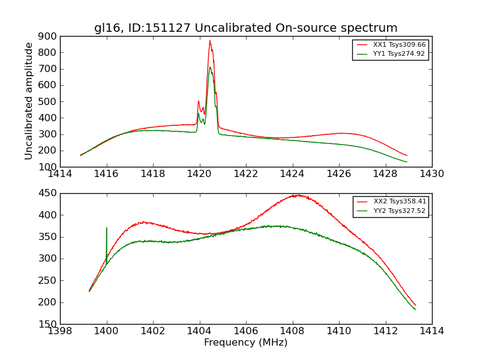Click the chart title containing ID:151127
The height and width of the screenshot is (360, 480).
click(245, 28)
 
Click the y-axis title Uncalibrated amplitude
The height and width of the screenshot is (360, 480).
click(29, 101)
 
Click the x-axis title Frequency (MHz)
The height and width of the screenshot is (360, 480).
click(245, 343)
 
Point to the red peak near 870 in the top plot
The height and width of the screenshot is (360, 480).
click(210, 41)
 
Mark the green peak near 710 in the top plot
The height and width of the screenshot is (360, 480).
click(210, 67)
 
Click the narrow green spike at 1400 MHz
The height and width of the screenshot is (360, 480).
click(107, 228)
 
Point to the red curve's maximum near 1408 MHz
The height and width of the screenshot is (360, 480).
click(296, 195)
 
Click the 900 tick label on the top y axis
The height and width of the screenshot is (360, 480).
click(47, 36)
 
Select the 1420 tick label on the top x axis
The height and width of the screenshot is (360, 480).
click(199, 175)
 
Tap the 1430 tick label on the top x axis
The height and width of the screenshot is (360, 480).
click(431, 175)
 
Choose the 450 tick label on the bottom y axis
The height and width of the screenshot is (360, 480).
click(47, 193)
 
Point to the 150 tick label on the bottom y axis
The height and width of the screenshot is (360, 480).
click(47, 324)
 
